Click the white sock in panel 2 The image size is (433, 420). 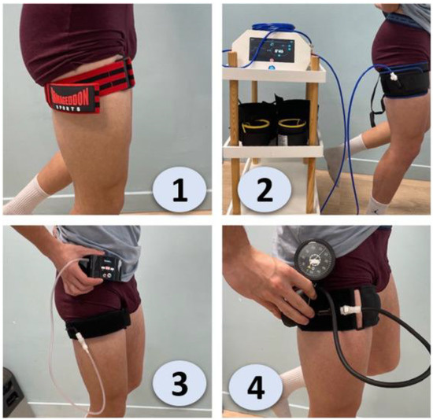click(x=360, y=144)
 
